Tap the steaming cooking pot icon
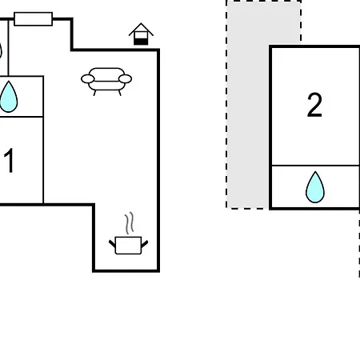128,234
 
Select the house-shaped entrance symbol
141,34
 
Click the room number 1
9,161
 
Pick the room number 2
314,105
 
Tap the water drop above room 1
9,97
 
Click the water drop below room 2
315,187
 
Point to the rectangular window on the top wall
34,19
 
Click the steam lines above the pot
129,223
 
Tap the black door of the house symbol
141,42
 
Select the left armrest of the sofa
88,79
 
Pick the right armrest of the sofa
125,79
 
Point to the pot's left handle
112,243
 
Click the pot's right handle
144,244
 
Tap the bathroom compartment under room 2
315,186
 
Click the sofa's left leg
94,93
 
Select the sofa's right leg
120,93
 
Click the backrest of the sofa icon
106,73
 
